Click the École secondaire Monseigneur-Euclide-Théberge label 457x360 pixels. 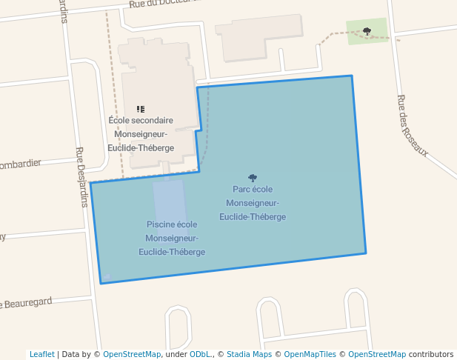(x=141, y=133)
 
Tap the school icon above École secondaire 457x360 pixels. (x=141, y=109)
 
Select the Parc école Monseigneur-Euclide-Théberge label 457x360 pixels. (x=253, y=202)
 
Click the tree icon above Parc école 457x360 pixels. (x=253, y=178)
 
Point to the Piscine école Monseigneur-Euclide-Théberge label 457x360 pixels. (x=172, y=238)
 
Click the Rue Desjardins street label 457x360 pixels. (x=81, y=176)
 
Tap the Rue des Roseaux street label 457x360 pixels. (x=413, y=126)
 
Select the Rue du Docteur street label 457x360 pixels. (x=163, y=4)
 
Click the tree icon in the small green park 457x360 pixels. (x=367, y=31)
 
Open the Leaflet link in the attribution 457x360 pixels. (x=41, y=354)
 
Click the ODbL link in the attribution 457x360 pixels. (x=200, y=354)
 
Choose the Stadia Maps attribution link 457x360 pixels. (x=249, y=354)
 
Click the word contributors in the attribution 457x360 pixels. (x=431, y=354)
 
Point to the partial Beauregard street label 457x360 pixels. (x=28, y=302)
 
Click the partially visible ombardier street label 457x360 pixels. (x=21, y=164)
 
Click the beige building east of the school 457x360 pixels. (x=259, y=33)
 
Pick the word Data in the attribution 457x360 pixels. (x=73, y=354)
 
